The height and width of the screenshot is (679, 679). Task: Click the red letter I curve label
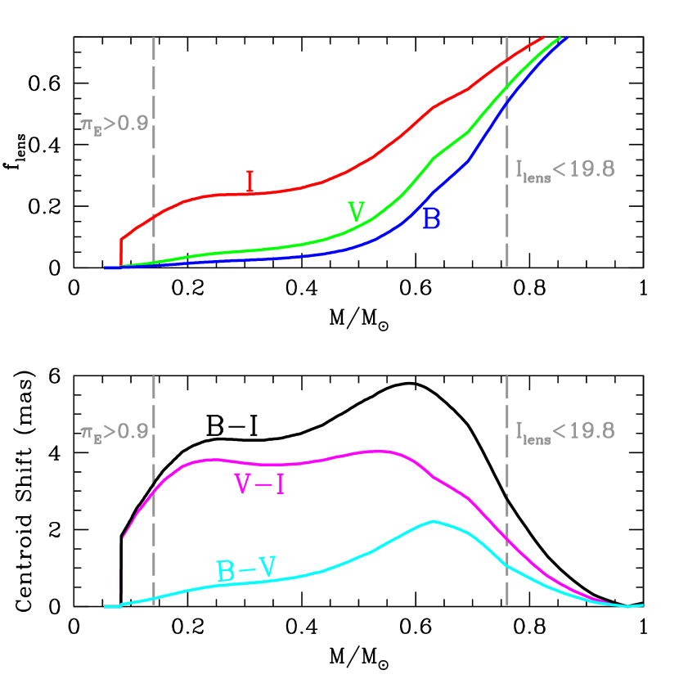[250, 181]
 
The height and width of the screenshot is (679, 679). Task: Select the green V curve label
[356, 212]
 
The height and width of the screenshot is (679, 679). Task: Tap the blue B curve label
[431, 218]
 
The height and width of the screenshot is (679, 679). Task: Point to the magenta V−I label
[259, 485]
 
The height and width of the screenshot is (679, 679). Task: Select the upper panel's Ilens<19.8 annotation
[564, 170]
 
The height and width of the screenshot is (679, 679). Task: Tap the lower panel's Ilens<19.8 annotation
[564, 431]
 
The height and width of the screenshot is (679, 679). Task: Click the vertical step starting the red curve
[121, 252]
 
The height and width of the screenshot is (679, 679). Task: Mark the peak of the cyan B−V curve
[433, 521]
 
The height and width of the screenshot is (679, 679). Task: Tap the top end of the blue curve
[566, 38]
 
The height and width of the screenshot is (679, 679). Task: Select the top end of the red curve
[543, 37]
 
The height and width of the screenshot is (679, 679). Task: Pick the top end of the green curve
[560, 37]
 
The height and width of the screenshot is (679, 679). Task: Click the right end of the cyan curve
[642, 605]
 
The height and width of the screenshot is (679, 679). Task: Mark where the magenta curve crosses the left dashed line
[154, 489]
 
